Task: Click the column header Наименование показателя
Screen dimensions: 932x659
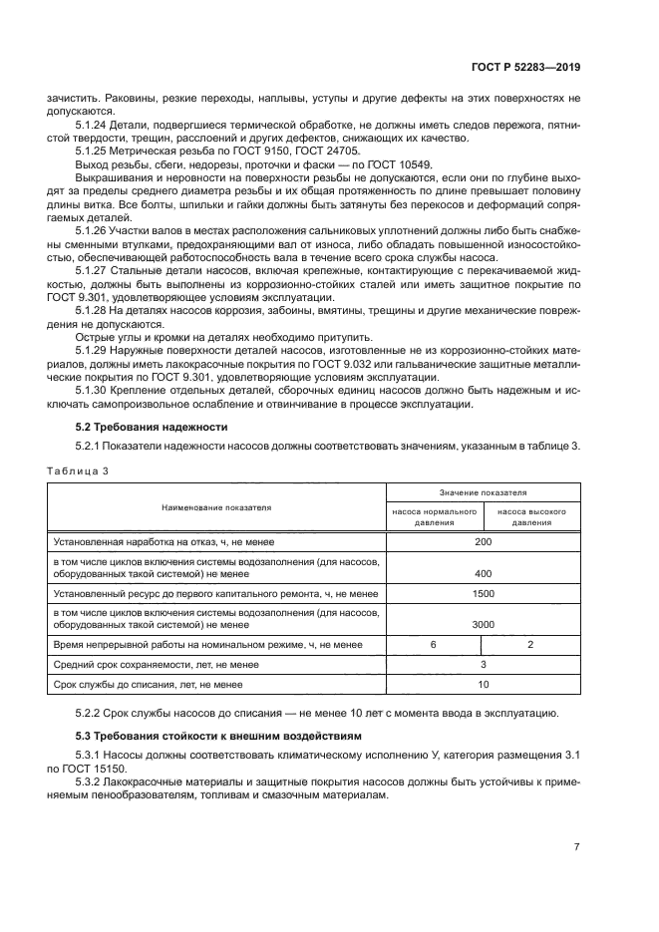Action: pyautogui.click(x=216, y=507)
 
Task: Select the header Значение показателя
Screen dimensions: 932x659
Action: pyautogui.click(x=484, y=492)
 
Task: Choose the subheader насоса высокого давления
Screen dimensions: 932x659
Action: pyautogui.click(x=531, y=516)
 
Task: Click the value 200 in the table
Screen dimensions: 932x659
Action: pyautogui.click(x=484, y=541)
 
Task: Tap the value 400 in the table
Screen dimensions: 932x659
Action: pyautogui.click(x=484, y=574)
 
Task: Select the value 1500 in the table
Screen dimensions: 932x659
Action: pyautogui.click(x=484, y=593)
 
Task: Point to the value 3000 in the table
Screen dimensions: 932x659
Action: pyautogui.click(x=484, y=625)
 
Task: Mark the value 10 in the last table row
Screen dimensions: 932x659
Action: pyautogui.click(x=484, y=685)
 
